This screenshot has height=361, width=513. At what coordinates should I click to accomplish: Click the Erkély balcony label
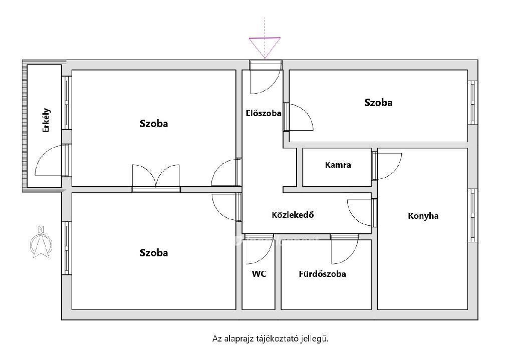point(47,120)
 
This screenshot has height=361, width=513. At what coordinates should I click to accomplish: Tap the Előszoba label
point(264,113)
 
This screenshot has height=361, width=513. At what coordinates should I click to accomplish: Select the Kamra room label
point(338,165)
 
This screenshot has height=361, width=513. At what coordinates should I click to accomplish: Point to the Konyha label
point(423,216)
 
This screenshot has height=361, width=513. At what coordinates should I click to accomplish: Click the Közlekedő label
point(293,214)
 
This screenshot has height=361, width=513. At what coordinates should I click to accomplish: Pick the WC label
point(259,274)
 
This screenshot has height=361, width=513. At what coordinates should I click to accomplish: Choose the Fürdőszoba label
point(322,274)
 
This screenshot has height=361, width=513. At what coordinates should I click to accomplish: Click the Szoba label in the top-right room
point(378,103)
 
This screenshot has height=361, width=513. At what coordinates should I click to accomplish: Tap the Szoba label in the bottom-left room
point(154,253)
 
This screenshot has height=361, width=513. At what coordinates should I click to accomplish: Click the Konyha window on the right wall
point(472,215)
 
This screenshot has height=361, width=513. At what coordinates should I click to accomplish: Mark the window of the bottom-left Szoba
point(67,248)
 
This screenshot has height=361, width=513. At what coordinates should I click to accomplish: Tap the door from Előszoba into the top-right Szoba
point(298,117)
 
